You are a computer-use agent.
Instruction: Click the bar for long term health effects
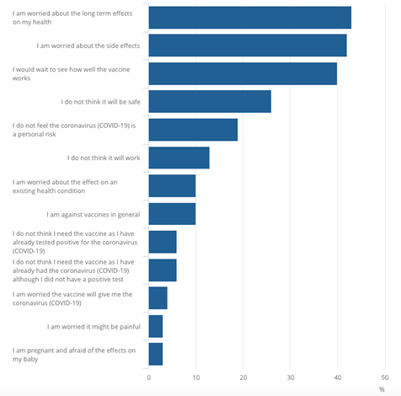tap(249, 17)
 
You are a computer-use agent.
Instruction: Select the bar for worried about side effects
tap(247, 45)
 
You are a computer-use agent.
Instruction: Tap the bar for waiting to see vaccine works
tap(243, 73)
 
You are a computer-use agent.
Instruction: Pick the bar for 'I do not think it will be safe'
tap(210, 101)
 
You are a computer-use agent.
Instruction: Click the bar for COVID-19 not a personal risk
tap(193, 129)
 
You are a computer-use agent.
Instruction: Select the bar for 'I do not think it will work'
tap(179, 158)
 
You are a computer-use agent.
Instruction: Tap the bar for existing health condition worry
tap(172, 185)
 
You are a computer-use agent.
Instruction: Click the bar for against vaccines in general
tap(172, 214)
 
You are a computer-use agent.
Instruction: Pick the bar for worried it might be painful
tap(155, 326)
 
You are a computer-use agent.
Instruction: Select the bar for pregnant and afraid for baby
tap(155, 354)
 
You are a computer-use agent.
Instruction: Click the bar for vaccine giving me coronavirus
tap(158, 298)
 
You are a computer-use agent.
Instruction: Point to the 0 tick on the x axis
tap(149, 377)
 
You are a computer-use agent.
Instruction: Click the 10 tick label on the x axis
tap(196, 377)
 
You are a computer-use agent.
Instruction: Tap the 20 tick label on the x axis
tap(243, 377)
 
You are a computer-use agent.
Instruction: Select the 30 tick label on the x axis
tap(291, 377)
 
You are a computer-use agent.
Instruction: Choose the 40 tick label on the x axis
tap(338, 377)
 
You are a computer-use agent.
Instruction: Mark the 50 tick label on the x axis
tap(385, 377)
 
